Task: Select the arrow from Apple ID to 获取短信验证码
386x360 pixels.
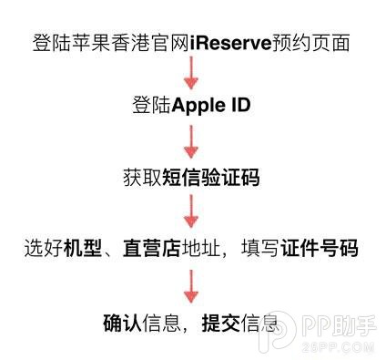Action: point(193,142)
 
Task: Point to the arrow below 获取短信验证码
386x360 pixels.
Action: point(193,214)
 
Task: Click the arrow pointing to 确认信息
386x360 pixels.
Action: point(193,286)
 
